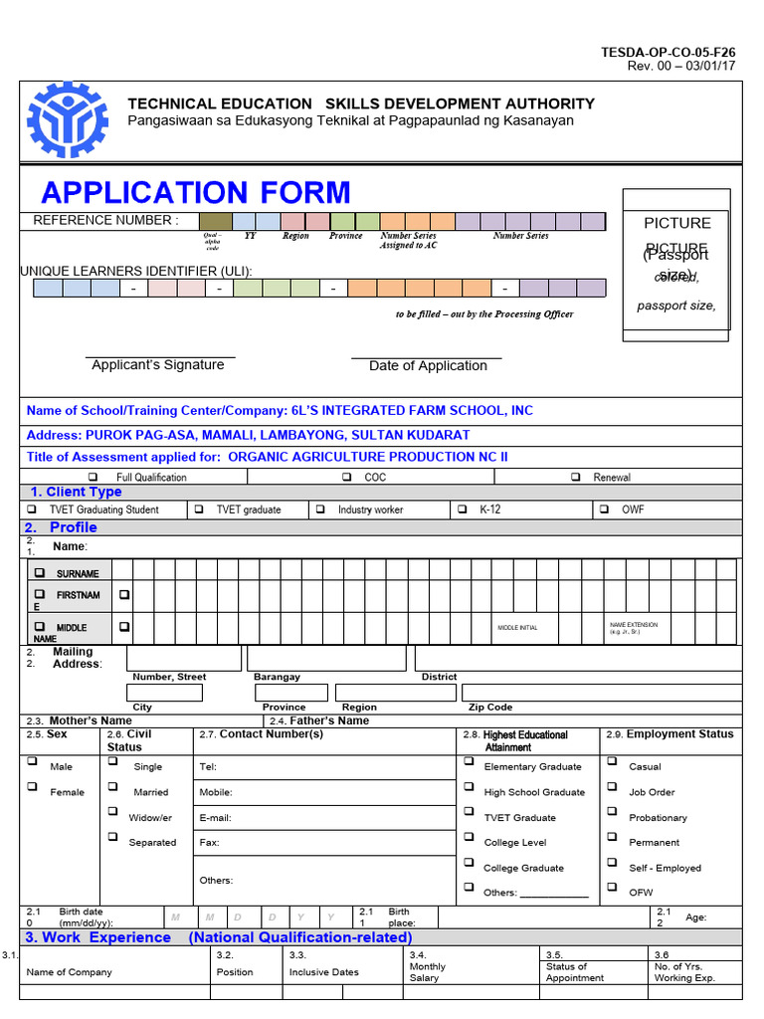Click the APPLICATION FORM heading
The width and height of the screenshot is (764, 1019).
coord(196,192)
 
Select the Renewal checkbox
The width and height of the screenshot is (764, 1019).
coord(576,477)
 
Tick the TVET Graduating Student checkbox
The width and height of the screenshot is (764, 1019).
coord(32,509)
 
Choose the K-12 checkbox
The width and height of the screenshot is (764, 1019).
coord(462,509)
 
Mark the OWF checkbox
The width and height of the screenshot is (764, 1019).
coord(603,509)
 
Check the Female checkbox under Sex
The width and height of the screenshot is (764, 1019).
coord(32,786)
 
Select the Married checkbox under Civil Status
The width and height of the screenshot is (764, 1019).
coord(112,786)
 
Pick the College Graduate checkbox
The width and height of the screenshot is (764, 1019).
coord(469,862)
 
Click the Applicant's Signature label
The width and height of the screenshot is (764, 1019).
coord(158,365)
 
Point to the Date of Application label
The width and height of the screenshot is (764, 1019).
coord(428,366)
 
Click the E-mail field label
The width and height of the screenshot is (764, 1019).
coord(216,818)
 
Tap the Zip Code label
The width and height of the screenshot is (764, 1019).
coord(490,708)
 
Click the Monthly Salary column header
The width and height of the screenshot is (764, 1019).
coord(428,972)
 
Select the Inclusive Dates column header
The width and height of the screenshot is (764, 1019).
coord(324,972)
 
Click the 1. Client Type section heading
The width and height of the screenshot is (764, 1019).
coord(77,492)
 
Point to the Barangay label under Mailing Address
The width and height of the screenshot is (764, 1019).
coord(277,677)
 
